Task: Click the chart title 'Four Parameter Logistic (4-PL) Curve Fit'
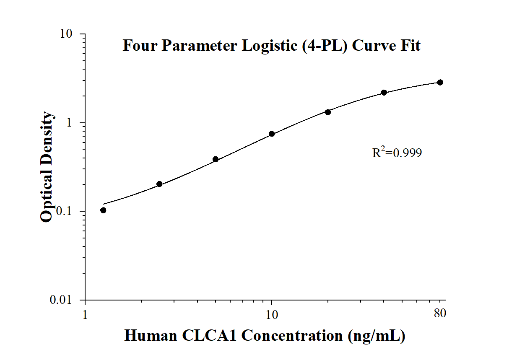[271, 45]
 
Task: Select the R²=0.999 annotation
[397, 153]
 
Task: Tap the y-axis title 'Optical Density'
[47, 166]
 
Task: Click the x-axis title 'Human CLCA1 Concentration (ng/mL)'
[265, 335]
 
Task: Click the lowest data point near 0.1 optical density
[103, 210]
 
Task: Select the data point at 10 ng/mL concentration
[272, 134]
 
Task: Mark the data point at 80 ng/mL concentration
[440, 82]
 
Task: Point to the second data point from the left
[159, 184]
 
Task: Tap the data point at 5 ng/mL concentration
[216, 159]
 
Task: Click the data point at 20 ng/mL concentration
[328, 112]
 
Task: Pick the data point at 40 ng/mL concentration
[384, 92]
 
